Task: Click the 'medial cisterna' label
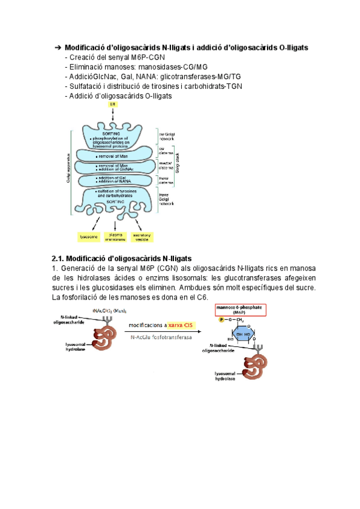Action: click(x=166, y=163)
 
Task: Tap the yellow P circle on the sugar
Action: click(x=222, y=321)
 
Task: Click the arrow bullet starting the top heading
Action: click(x=58, y=47)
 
